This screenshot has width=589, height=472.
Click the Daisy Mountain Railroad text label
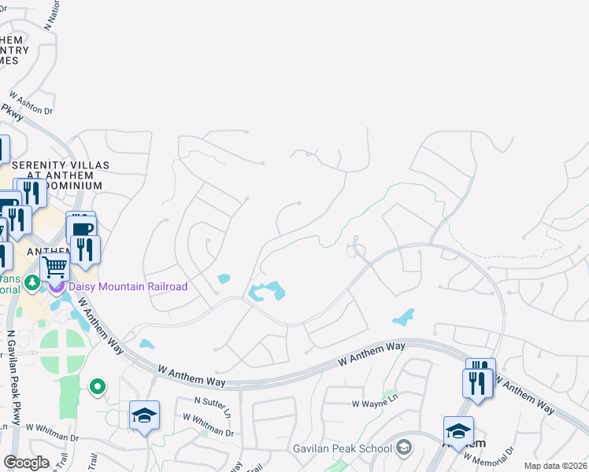pyautogui.click(x=128, y=286)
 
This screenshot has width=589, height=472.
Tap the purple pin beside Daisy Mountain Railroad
pyautogui.click(x=56, y=285)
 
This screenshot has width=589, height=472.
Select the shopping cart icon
pyautogui.click(x=54, y=267)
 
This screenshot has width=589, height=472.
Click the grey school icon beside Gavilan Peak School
pyautogui.click(x=404, y=448)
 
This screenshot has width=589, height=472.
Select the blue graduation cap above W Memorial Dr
pyautogui.click(x=458, y=430)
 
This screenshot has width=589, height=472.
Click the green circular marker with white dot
pyautogui.click(x=98, y=386)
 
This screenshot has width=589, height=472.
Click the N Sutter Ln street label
pyautogui.click(x=213, y=406)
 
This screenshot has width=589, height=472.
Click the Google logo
pyautogui.click(x=25, y=463)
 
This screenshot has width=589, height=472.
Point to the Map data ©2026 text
pyautogui.click(x=555, y=466)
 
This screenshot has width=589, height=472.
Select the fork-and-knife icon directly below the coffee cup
pyautogui.click(x=86, y=249)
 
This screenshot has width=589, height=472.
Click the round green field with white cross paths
pyautogui.click(x=62, y=351)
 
